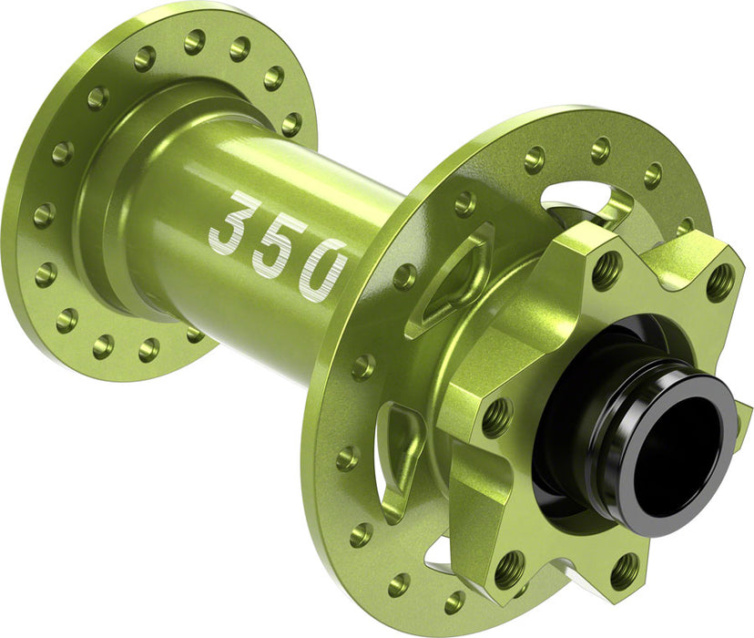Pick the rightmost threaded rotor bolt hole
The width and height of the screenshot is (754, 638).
click(x=719, y=283)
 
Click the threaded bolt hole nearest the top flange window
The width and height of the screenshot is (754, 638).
click(x=606, y=269)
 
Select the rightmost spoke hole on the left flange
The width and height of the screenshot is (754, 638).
click(x=290, y=125)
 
